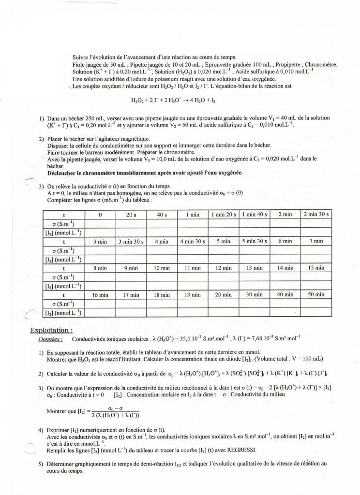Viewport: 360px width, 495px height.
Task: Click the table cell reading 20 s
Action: [x=131, y=215]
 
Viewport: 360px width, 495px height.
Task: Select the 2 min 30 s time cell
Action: [x=316, y=215]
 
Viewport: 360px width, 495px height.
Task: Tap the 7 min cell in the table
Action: [x=316, y=241]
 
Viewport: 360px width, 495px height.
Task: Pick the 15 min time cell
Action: [x=316, y=268]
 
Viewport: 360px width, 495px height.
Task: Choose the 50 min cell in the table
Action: [x=316, y=294]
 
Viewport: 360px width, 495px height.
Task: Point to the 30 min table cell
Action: [x=255, y=294]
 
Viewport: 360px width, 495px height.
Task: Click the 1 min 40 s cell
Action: [x=255, y=215]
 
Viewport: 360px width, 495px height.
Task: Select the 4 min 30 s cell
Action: [x=193, y=241]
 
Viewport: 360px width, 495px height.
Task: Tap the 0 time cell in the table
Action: [x=100, y=215]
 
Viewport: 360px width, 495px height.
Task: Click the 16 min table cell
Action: [x=100, y=294]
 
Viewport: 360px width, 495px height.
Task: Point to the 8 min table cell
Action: [x=100, y=268]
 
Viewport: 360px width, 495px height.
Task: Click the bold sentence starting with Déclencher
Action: [x=145, y=173]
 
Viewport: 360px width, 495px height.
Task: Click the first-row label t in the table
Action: [x=63, y=215]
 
